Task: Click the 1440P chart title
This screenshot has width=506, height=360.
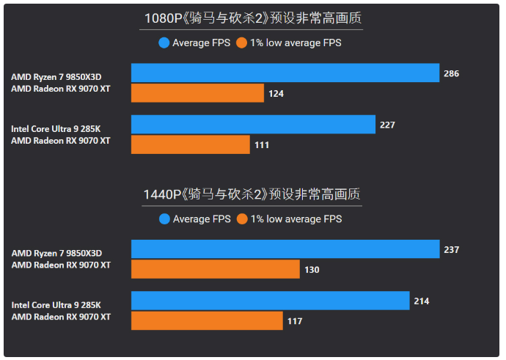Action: pyautogui.click(x=251, y=194)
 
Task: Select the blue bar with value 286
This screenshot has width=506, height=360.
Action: pyautogui.click(x=285, y=73)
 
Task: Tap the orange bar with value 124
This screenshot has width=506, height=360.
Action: pyautogui.click(x=197, y=93)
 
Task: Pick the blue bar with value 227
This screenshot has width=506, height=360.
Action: pyautogui.click(x=253, y=125)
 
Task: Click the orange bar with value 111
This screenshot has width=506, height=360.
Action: pyautogui.click(x=191, y=144)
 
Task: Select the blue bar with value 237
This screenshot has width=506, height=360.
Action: pyautogui.click(x=285, y=249)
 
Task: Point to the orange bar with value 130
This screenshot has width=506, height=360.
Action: pyautogui.click(x=216, y=269)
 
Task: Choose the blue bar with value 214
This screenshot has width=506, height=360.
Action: pyautogui.click(x=270, y=301)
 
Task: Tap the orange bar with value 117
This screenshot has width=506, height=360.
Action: pyautogui.click(x=207, y=320)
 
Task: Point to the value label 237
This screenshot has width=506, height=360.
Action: pyautogui.click(x=451, y=250)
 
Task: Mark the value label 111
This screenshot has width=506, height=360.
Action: pyautogui.click(x=262, y=145)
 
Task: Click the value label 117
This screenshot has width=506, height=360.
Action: pyautogui.click(x=294, y=321)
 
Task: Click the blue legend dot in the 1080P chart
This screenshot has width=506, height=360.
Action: pyautogui.click(x=164, y=43)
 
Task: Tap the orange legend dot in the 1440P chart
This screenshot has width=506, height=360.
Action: pyautogui.click(x=242, y=218)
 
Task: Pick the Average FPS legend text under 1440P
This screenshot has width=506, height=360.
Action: pyautogui.click(x=202, y=218)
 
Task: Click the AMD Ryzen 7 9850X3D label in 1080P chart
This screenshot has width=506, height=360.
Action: pyautogui.click(x=56, y=76)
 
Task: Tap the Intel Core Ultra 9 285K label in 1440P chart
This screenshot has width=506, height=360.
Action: pyautogui.click(x=56, y=304)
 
